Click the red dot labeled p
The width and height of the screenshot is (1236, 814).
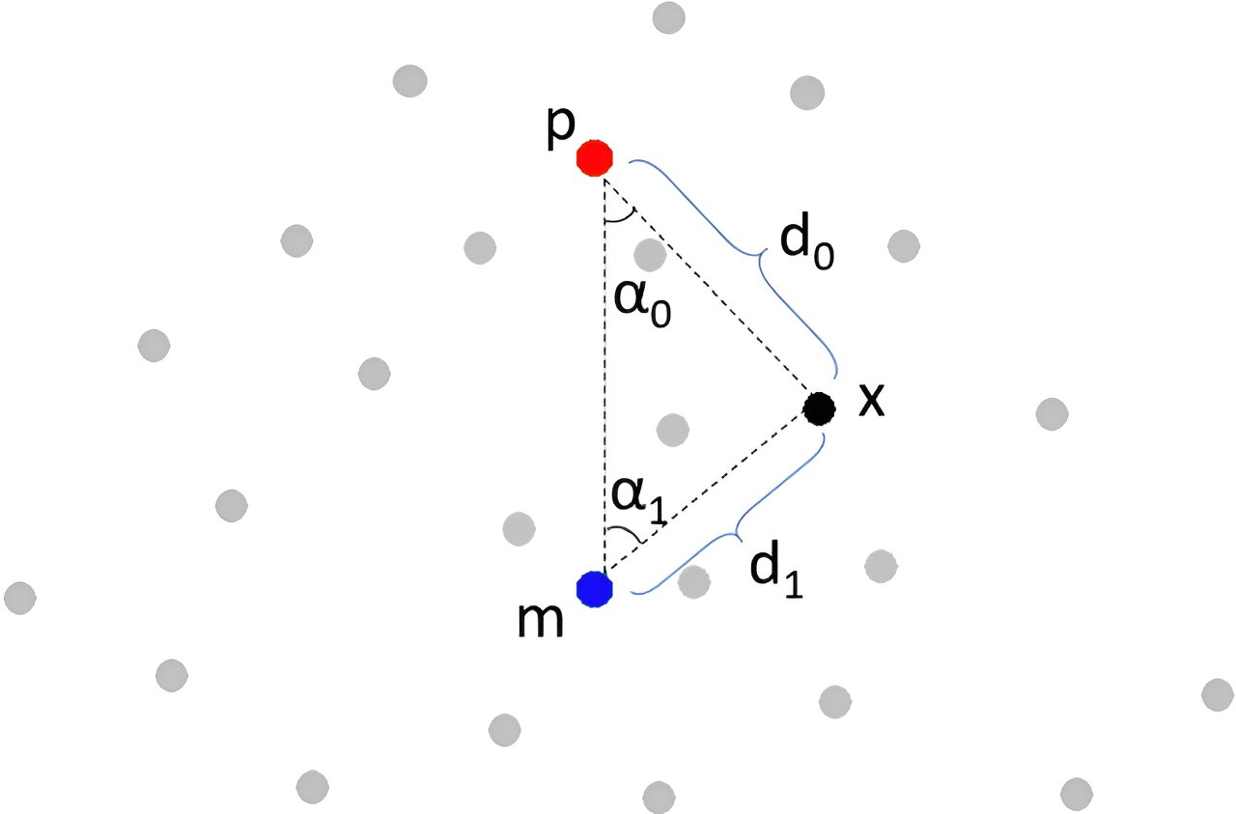[x=594, y=157]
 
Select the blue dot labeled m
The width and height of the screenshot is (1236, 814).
[x=594, y=589]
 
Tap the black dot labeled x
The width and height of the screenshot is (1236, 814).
[x=819, y=408]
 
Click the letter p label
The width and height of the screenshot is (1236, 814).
[x=561, y=129]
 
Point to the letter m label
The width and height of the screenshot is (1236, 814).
[x=540, y=620]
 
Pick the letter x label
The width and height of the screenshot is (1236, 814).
[x=872, y=399]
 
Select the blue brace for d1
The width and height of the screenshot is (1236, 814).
[x=737, y=534]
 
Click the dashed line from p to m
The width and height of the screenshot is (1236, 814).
[x=604, y=376]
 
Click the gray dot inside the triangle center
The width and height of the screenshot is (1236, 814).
[x=673, y=430]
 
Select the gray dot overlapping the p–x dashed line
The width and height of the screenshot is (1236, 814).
[x=650, y=254]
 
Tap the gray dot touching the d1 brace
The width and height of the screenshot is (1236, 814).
[x=693, y=581]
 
